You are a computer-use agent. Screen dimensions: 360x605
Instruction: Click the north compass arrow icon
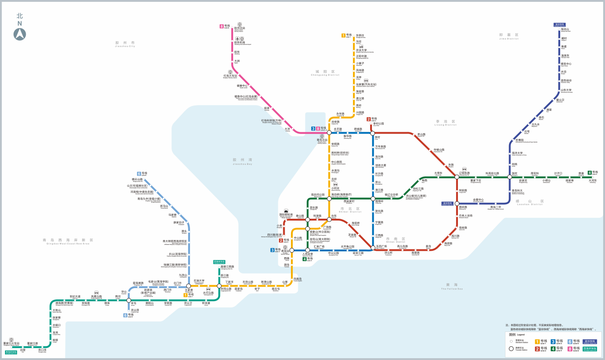pos(19,34)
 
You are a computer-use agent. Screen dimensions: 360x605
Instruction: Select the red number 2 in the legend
pos(537,349)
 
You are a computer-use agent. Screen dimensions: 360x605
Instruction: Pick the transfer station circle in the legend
pos(511,349)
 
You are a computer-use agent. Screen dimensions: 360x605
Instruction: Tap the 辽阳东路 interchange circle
pos(457,177)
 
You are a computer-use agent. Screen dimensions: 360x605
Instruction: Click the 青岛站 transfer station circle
pos(286,250)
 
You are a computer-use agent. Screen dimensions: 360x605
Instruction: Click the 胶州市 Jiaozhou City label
pos(125,43)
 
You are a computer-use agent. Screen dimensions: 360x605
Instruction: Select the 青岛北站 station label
pos(322,140)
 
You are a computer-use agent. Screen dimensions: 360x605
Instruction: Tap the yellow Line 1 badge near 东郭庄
pos(343,35)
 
